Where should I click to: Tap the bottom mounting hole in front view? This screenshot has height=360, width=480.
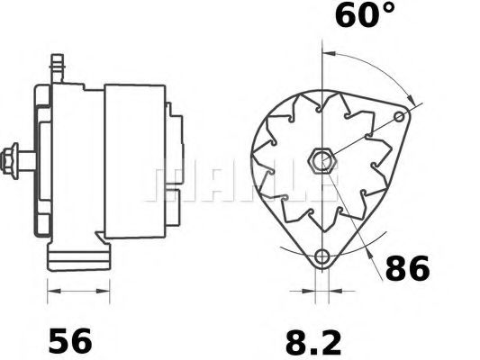(x=322, y=256)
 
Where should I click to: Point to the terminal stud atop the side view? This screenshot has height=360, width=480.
(x=60, y=66)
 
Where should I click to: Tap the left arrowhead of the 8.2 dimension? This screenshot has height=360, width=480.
(x=312, y=292)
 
